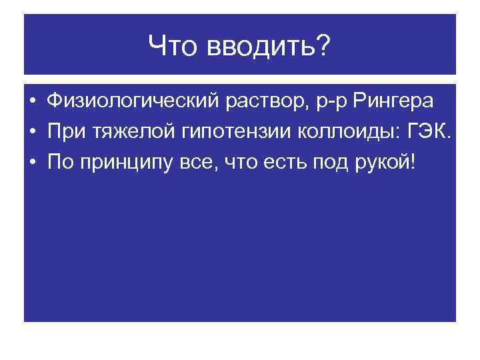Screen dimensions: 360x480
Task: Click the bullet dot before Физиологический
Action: tap(31, 102)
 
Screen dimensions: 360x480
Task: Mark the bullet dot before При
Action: tap(31, 133)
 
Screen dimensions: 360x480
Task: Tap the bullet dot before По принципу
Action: tap(31, 163)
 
